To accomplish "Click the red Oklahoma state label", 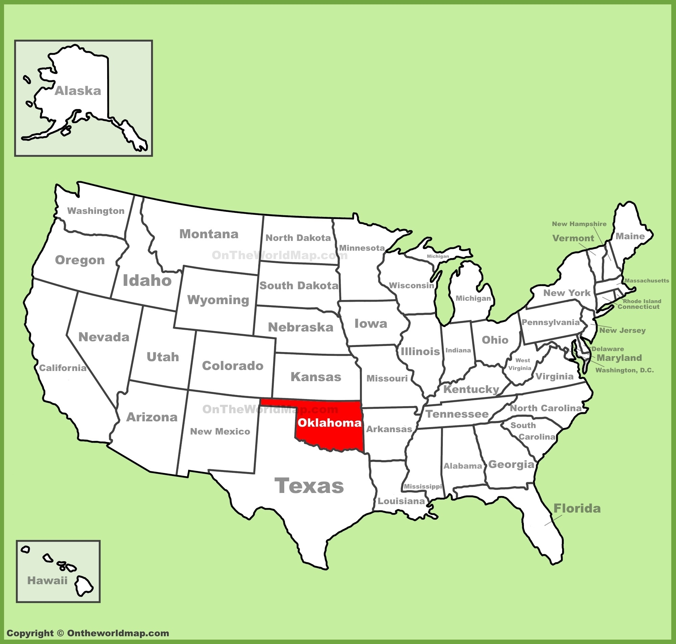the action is coord(329,423).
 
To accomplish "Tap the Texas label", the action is coord(309,486).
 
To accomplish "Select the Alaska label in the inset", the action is coord(78,91).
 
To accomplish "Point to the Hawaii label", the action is coord(47,580).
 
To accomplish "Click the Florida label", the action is coord(577,509).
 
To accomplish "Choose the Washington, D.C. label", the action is coord(625,370).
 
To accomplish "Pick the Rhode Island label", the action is coord(642,301).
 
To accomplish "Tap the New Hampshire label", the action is coord(579,224).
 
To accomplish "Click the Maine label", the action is coord(630,236).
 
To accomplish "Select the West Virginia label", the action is coord(521,364).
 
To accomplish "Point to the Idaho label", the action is coord(147,280).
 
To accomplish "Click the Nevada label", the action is coord(104,337).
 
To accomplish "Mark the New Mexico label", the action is coord(220,431).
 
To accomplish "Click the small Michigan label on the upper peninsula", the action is coord(438,256).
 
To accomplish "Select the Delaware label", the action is coord(608,349).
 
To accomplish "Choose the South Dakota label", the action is coord(299,286).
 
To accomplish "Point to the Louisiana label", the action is coord(401,501).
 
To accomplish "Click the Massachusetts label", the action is coord(647,281).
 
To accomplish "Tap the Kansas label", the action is coord(316,377).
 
